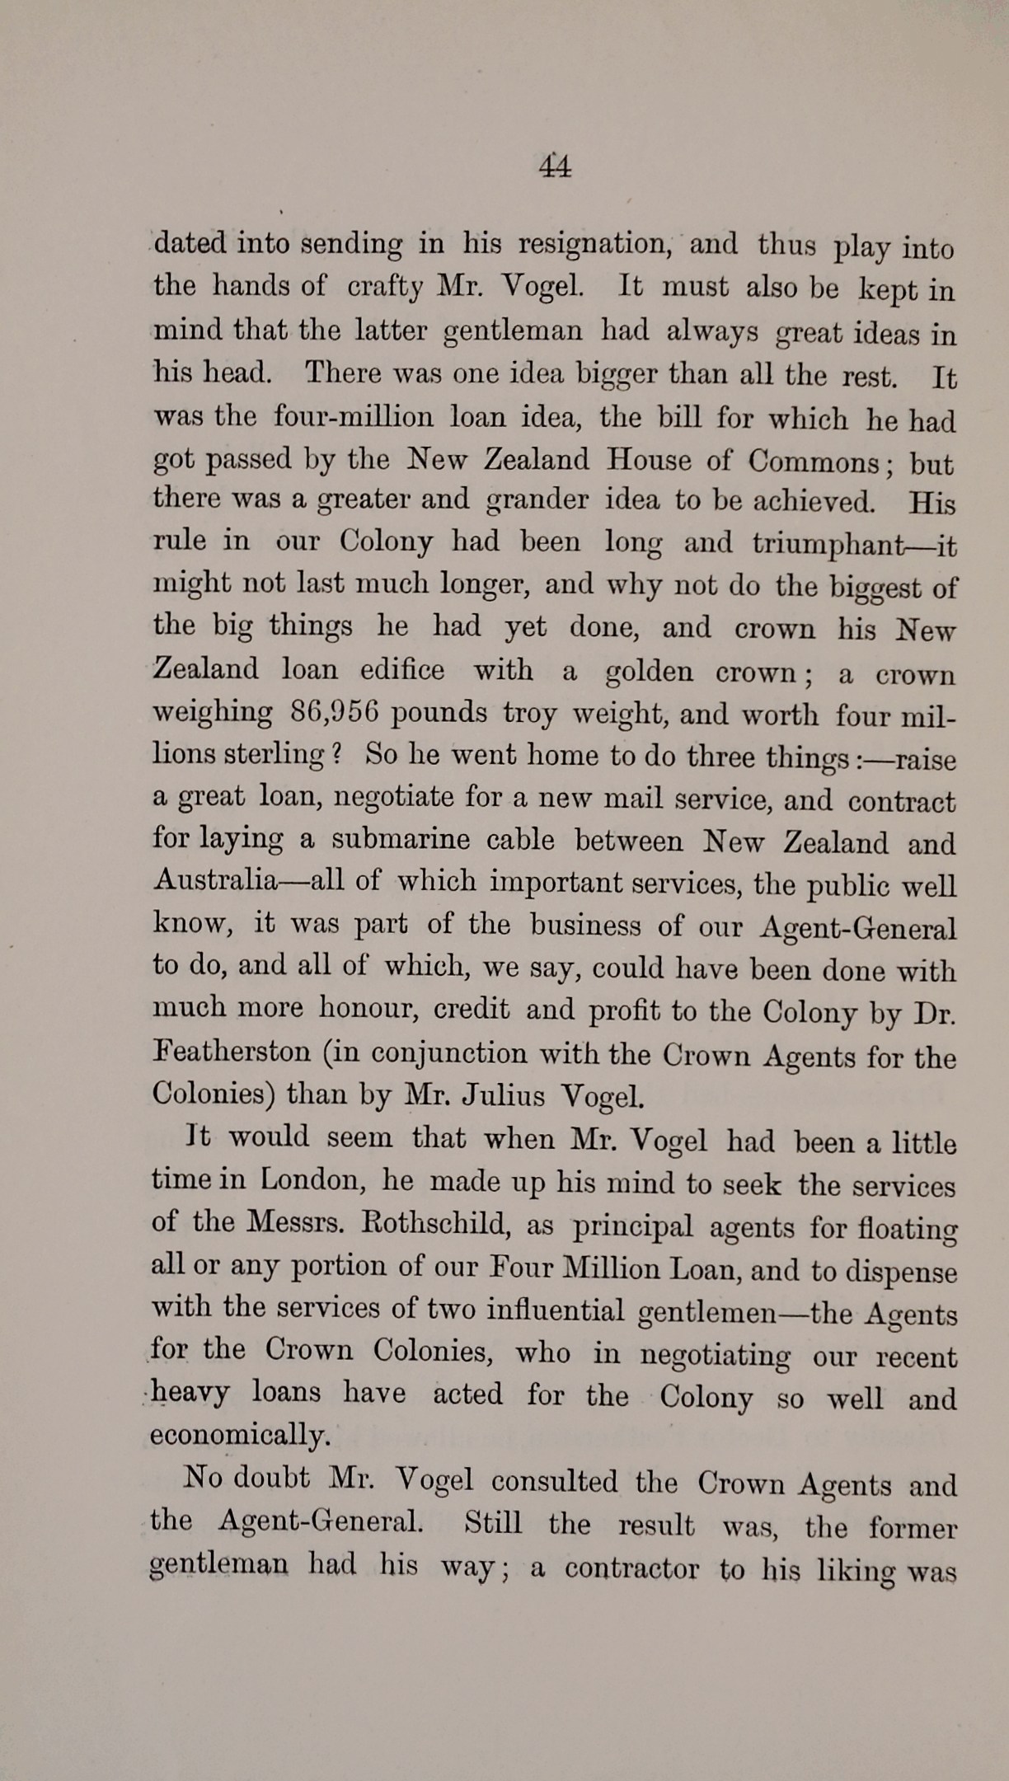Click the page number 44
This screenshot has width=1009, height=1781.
pos(555,166)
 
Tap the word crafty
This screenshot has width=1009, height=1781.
pos(387,287)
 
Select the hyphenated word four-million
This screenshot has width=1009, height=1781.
pos(354,416)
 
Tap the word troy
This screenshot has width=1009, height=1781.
pos(530,714)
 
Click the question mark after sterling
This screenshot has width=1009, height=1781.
pos(336,754)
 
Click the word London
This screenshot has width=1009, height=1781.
pos(312,1180)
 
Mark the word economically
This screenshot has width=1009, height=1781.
pos(240,1435)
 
